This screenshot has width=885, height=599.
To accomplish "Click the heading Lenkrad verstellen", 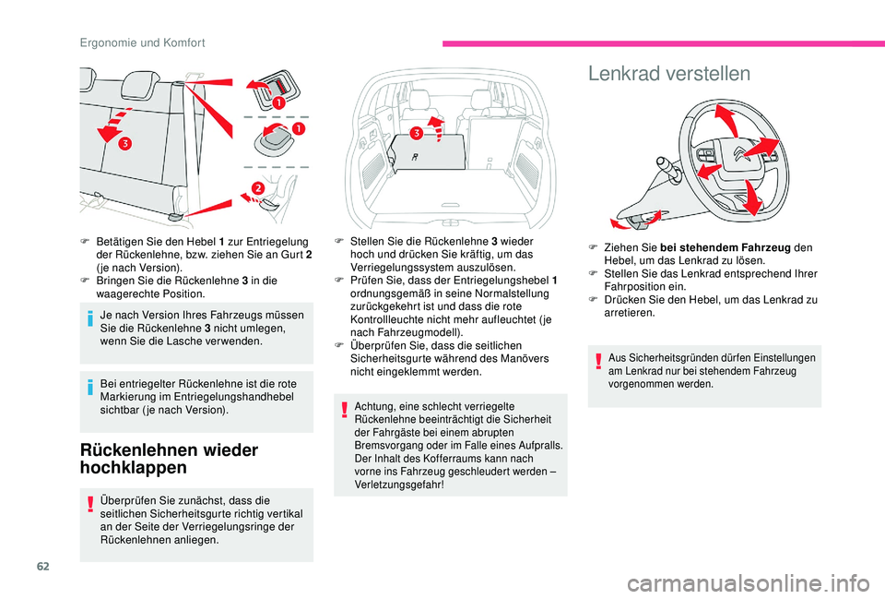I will pos(669,73).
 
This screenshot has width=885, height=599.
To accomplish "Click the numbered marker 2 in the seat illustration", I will pos(257,188).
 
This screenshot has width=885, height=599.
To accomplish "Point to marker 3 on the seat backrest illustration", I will pos(123,145).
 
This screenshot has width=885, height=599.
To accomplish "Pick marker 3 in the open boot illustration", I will pos(417,135).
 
